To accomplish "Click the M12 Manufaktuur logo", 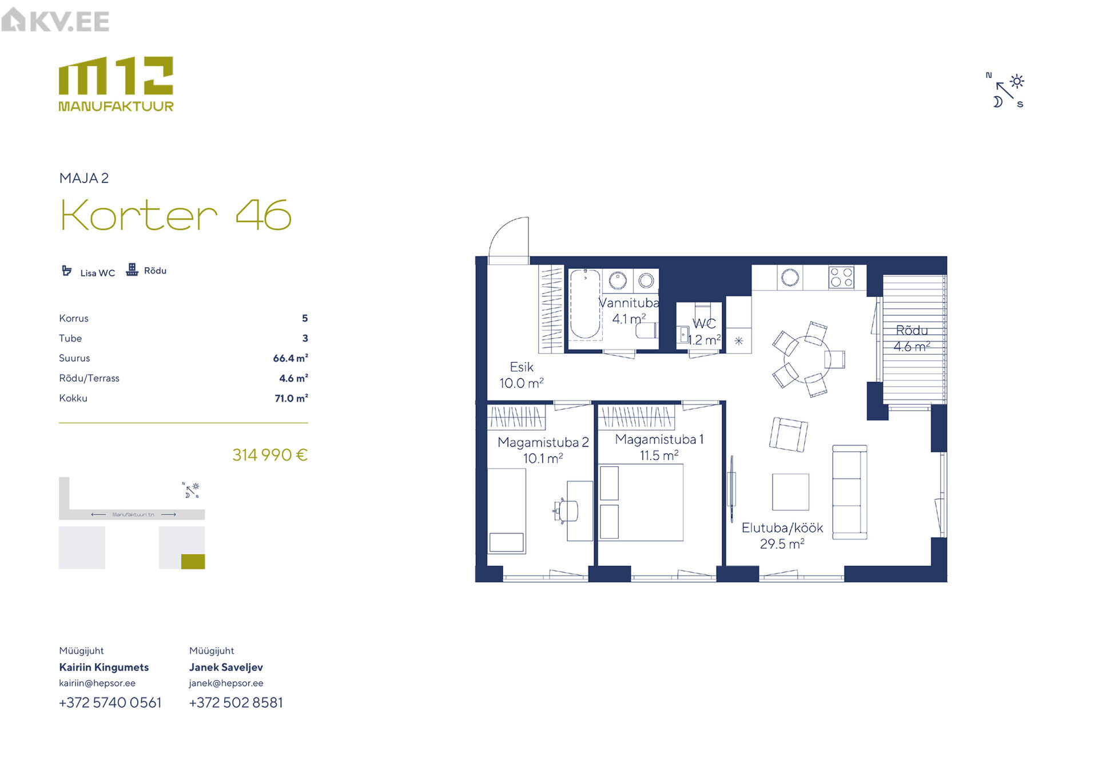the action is click(x=116, y=84).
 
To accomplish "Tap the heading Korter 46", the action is click(x=176, y=215).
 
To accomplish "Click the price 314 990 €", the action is click(x=270, y=455).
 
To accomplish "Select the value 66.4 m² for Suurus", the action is click(x=291, y=358).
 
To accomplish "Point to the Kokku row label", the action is click(x=73, y=398).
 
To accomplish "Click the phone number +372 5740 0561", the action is click(x=110, y=703).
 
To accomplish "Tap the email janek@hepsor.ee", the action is click(x=226, y=683).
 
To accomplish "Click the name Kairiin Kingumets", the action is click(x=104, y=667).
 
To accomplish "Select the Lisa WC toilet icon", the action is click(x=67, y=271).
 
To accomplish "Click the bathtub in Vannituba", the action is click(x=585, y=304).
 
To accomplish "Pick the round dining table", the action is click(x=807, y=359).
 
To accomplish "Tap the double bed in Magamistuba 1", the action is click(x=641, y=502).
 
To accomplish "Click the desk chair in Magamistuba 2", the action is click(x=567, y=510).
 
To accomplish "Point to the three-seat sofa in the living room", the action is click(x=850, y=492).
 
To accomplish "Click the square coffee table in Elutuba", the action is click(x=791, y=492).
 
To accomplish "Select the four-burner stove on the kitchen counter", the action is click(x=841, y=277).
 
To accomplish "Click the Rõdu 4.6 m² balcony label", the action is click(x=912, y=339).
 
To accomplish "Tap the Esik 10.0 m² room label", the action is click(x=522, y=375).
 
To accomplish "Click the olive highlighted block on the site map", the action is click(x=193, y=562).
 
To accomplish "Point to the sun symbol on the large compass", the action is click(x=1017, y=81).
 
